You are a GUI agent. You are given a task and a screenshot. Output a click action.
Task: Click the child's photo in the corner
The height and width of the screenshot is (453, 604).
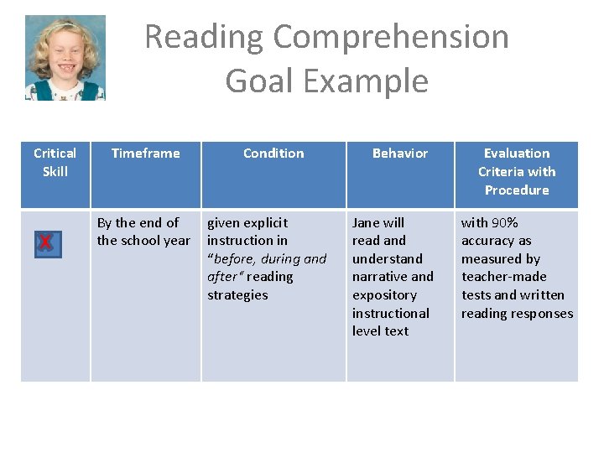tap(65, 58)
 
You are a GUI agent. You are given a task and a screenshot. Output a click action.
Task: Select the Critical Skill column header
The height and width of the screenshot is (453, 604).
tap(55, 162)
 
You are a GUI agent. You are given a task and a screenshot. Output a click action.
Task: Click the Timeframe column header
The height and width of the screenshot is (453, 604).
tap(145, 153)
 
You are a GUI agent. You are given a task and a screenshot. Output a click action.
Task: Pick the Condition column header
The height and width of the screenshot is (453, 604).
tap(273, 153)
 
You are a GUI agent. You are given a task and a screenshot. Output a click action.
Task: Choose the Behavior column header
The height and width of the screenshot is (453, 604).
tap(400, 153)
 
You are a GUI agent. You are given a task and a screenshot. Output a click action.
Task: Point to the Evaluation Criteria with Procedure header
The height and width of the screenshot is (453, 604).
tap(517, 171)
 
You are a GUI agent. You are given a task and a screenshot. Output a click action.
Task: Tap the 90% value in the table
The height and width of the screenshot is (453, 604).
tap(505, 222)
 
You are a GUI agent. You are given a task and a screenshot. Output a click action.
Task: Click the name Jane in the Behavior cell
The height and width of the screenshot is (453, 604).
tap(367, 222)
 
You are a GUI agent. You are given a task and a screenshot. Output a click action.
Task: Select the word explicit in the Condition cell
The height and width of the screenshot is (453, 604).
tap(265, 222)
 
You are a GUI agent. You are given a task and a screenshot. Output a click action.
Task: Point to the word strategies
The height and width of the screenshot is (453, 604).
tap(237, 294)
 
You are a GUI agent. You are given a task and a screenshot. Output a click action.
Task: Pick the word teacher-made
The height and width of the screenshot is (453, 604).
tap(503, 277)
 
